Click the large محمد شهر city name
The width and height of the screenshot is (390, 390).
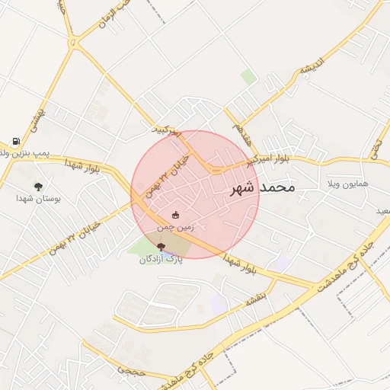tap(261, 187)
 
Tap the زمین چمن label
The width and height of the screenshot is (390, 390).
tap(176, 227)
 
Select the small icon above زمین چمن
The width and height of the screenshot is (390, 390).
tap(177, 215)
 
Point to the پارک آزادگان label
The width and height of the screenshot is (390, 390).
tap(161, 259)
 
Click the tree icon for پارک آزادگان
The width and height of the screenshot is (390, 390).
tap(160, 246)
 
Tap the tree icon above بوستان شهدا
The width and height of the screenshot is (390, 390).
tap(38, 185)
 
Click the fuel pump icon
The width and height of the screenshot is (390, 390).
tap(16, 142)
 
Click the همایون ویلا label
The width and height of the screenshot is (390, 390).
tap(347, 184)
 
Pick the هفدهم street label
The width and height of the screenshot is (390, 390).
tap(243, 127)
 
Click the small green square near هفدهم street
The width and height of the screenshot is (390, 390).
tap(248, 77)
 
